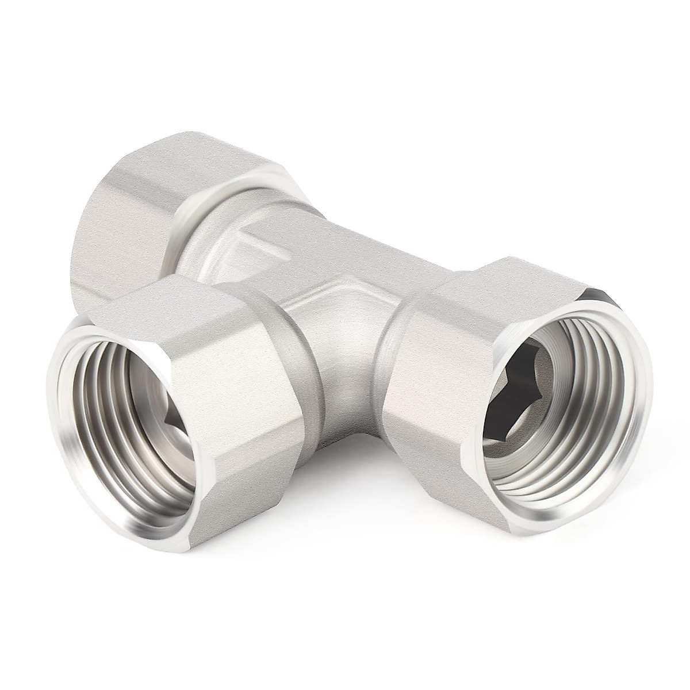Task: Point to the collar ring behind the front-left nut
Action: [287, 345]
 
